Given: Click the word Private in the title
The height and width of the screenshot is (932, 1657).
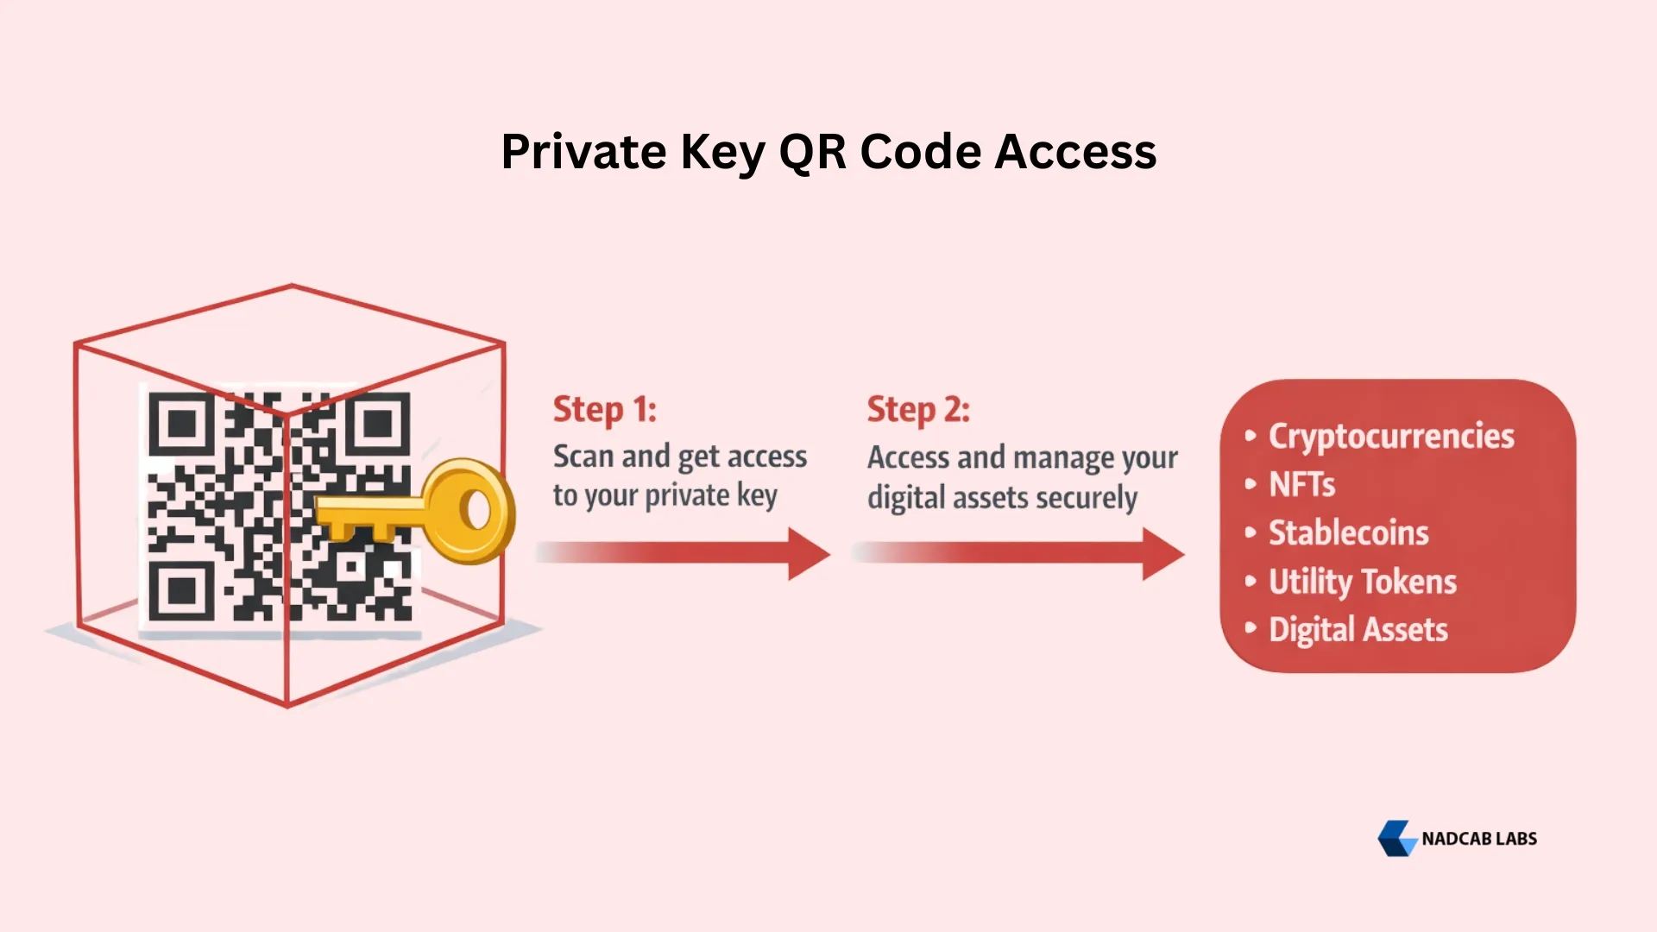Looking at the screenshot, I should click(x=583, y=152).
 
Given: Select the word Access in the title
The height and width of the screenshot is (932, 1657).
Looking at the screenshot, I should click(x=1075, y=152).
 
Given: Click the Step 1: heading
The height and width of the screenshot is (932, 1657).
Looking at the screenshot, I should click(x=604, y=409).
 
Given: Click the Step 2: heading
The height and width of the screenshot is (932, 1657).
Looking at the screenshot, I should click(x=918, y=409).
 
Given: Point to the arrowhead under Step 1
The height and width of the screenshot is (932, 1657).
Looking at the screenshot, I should click(x=808, y=554).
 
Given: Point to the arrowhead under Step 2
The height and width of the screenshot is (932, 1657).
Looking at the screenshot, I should click(x=1162, y=554).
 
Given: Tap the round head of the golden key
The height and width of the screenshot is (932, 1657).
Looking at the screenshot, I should click(x=470, y=511).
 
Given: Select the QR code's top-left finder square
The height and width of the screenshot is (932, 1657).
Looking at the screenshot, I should click(x=181, y=424).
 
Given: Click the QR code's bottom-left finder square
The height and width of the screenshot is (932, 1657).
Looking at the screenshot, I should click(x=181, y=591).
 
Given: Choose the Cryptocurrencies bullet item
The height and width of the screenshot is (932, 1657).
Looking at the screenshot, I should click(x=1390, y=436).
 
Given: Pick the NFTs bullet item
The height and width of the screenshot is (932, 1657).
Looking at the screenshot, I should click(x=1301, y=484).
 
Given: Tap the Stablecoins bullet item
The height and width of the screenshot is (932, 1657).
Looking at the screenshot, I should click(x=1348, y=532).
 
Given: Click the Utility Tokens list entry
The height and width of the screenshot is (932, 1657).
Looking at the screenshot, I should click(x=1362, y=582).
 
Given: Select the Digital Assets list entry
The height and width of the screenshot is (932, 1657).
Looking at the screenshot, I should click(x=1358, y=630).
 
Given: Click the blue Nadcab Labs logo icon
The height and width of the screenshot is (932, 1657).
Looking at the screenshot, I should click(x=1396, y=838).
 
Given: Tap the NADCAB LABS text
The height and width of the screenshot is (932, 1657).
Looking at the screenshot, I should click(x=1478, y=839).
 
